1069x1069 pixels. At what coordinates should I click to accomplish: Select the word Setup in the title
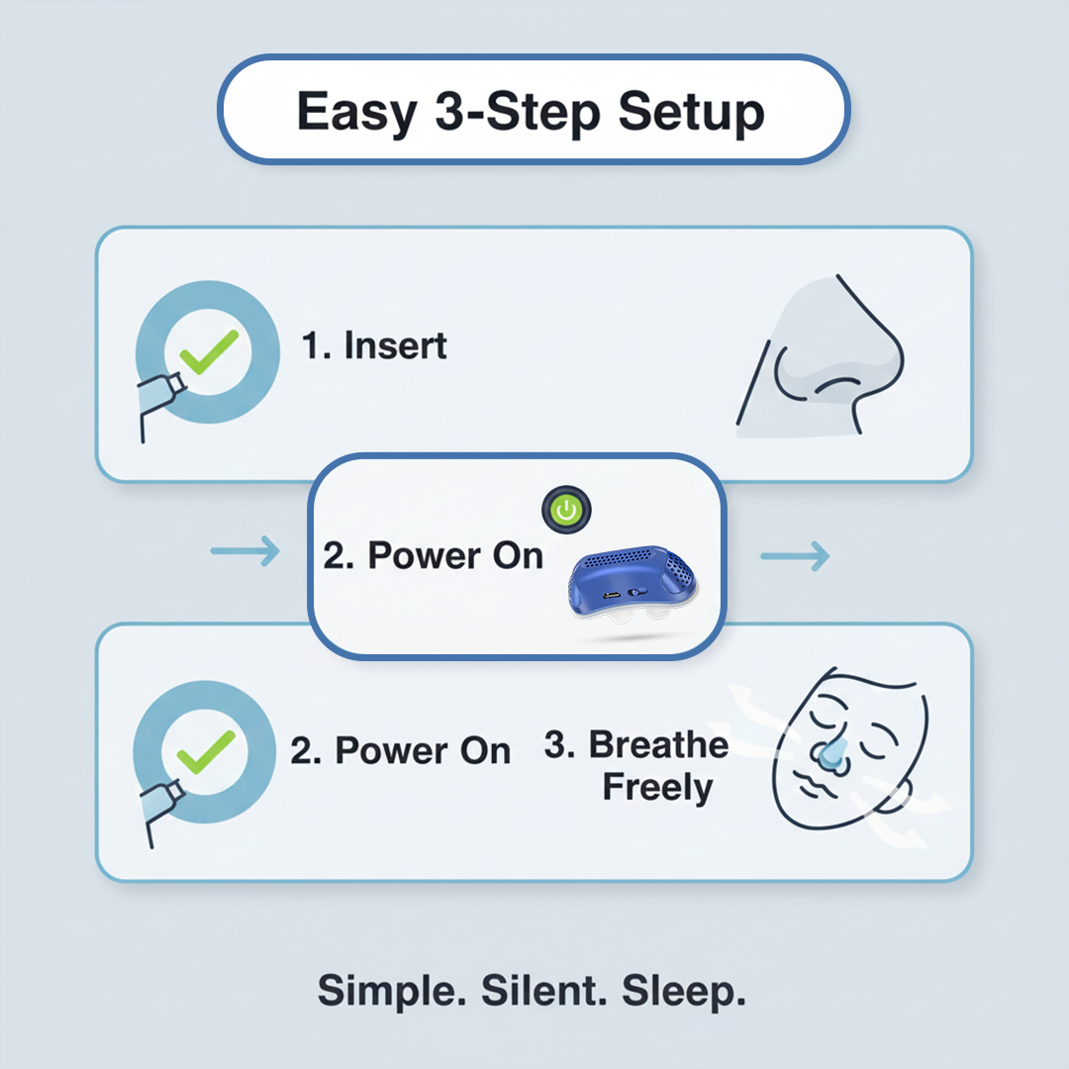[691, 112]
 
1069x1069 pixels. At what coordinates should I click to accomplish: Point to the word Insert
[395, 346]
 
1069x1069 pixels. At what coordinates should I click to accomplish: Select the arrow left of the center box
[245, 553]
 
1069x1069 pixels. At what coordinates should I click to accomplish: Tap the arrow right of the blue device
[794, 557]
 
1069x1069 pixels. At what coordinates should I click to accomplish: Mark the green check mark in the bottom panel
[207, 751]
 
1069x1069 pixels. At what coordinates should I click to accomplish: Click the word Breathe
[658, 745]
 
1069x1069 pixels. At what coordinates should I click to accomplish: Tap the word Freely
[657, 789]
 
